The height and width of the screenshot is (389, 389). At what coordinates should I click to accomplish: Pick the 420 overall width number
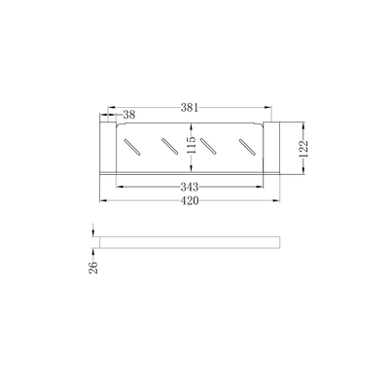(x=191, y=201)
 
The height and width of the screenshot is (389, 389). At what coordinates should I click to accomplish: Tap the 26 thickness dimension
(x=92, y=266)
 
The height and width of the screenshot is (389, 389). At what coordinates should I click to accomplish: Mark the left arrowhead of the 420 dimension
(x=99, y=198)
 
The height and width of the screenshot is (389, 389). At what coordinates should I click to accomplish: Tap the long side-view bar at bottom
(x=190, y=241)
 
